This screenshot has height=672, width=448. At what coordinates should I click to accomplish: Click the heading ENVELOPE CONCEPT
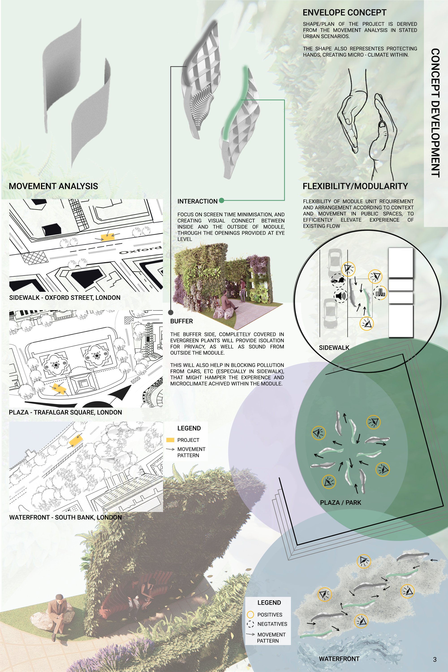344,13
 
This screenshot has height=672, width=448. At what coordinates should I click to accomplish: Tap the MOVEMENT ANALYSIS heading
54,186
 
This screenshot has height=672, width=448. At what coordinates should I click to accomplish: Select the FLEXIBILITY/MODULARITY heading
355,186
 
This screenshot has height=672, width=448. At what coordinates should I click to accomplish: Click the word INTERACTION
197,201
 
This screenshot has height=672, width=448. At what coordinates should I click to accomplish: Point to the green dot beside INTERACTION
222,200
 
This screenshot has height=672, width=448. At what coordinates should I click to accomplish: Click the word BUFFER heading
181,321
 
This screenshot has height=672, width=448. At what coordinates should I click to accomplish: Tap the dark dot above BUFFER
170,312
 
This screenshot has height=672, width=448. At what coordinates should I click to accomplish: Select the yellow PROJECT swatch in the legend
170,440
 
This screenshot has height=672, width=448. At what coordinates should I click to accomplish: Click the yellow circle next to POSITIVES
250,614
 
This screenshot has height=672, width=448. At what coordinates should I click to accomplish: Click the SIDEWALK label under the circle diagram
334,348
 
